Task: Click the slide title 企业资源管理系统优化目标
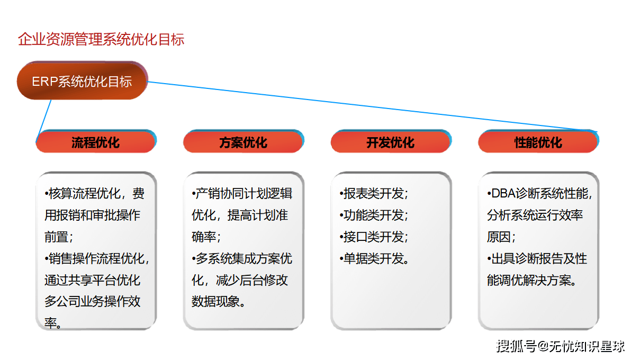point(101,40)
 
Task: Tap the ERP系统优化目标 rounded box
point(82,82)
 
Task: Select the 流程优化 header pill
point(96,142)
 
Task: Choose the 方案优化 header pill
point(243,142)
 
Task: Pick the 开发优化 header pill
point(391,142)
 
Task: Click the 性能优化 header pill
point(538,142)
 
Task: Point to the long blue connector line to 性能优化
point(371,106)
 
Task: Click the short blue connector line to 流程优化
point(45,118)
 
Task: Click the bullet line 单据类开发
point(376,259)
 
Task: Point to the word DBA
point(503,194)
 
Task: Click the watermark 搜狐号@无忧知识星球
point(561,347)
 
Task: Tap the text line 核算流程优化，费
point(95,194)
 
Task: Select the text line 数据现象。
point(219,302)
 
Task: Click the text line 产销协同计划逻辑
point(242,194)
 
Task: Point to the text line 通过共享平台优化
point(93,281)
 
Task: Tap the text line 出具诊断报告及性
point(537,259)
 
